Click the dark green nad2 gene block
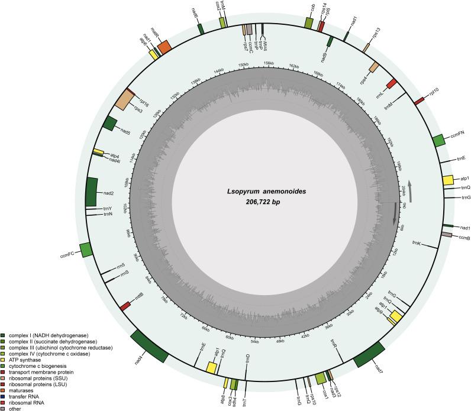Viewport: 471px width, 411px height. click(91, 192)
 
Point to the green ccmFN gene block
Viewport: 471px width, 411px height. click(438, 140)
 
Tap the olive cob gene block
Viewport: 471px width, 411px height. click(309, 22)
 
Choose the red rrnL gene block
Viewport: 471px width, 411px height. click(391, 83)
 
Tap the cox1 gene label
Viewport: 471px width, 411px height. click(325, 391)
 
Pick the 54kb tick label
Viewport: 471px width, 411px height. click(254, 341)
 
